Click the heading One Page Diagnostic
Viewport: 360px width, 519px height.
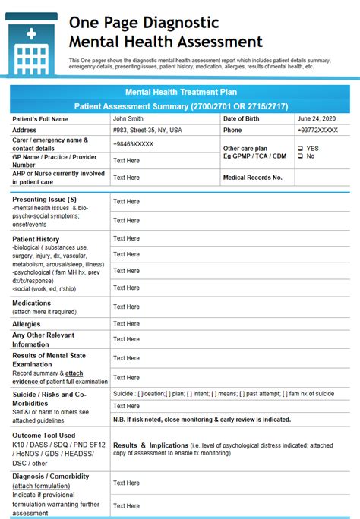144,23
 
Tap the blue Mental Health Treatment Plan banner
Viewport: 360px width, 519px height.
180,91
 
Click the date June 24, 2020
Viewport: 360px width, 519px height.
316,118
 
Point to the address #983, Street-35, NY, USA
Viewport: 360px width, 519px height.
148,130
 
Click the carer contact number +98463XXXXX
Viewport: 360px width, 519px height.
134,143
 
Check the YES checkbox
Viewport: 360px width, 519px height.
302,148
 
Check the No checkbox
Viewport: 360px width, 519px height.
302,156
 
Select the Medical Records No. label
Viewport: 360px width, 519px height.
253,178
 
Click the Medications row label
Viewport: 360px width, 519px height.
32,303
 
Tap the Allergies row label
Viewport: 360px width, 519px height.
27,324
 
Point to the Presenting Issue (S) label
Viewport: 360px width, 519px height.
44,199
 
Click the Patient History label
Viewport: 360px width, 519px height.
36,239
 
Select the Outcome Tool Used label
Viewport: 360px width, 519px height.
43,435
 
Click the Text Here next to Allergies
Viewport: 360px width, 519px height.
126,324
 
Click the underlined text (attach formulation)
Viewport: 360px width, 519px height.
43,486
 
